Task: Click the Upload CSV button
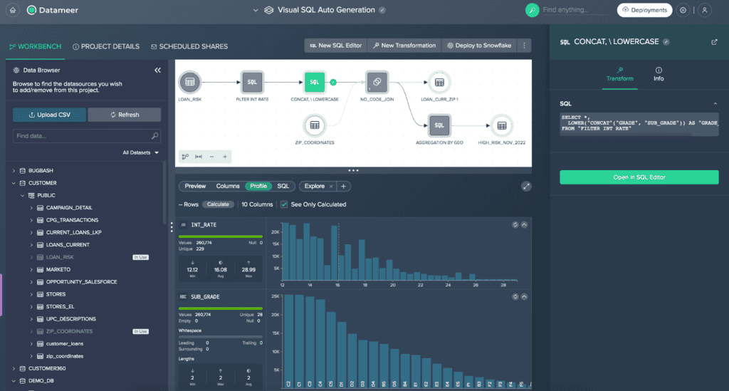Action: pos(49,115)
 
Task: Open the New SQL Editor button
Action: pos(335,46)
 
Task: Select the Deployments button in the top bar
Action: pos(644,10)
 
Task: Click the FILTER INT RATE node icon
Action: pos(252,83)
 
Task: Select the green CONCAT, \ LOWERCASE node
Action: pos(314,83)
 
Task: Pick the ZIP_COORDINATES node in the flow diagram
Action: pos(314,126)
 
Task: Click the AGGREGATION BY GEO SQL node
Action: pos(439,126)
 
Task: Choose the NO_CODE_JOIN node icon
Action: pos(377,83)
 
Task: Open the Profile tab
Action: pos(258,186)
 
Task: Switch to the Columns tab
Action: pos(228,186)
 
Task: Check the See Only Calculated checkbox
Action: pos(285,204)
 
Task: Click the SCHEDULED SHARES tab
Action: pos(189,46)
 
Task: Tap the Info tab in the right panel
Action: pos(659,74)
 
